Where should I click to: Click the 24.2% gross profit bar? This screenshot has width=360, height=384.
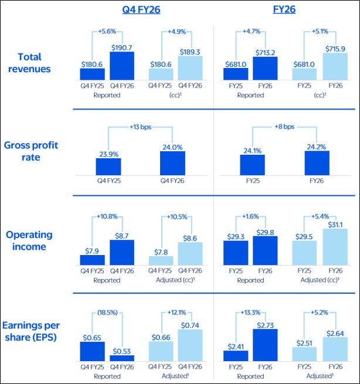coord(317,163)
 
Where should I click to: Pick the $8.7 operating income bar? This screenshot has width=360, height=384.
coord(121,253)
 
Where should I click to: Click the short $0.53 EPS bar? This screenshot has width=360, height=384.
coord(121,357)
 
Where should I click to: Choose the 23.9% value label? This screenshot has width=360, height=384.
coord(108,154)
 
